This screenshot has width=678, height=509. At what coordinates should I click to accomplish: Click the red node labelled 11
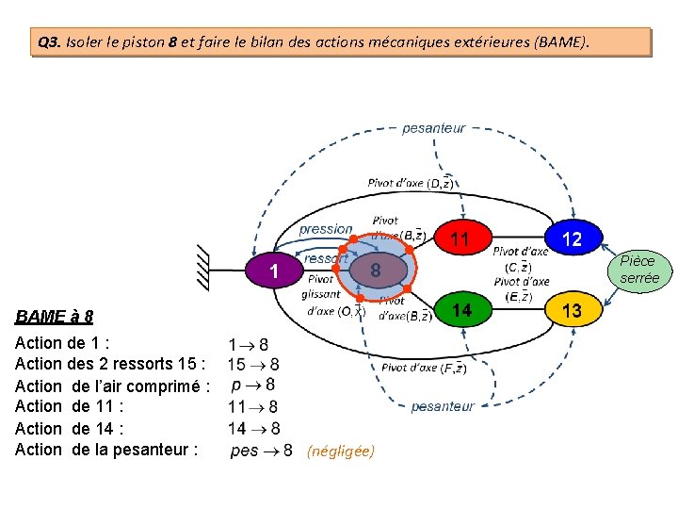460,239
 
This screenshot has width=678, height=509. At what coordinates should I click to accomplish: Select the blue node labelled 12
572,239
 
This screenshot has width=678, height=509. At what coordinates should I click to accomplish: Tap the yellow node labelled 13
572,310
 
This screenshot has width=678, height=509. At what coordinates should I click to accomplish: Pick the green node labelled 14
460,310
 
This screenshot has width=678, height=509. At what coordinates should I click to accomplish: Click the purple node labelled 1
273,272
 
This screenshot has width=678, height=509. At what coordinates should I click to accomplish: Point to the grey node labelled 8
375,271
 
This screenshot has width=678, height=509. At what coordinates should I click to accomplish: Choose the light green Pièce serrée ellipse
638,270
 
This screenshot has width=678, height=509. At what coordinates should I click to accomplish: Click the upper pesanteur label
433,128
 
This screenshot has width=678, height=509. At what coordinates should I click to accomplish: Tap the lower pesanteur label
443,406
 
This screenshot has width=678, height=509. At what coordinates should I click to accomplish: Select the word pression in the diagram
325,229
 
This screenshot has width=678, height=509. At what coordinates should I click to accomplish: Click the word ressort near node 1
327,257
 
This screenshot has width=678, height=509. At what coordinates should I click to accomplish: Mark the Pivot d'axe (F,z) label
424,368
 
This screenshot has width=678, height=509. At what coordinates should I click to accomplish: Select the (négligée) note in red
340,452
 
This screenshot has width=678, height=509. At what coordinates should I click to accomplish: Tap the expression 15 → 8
253,364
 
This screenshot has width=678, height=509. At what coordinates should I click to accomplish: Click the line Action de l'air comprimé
111,386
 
